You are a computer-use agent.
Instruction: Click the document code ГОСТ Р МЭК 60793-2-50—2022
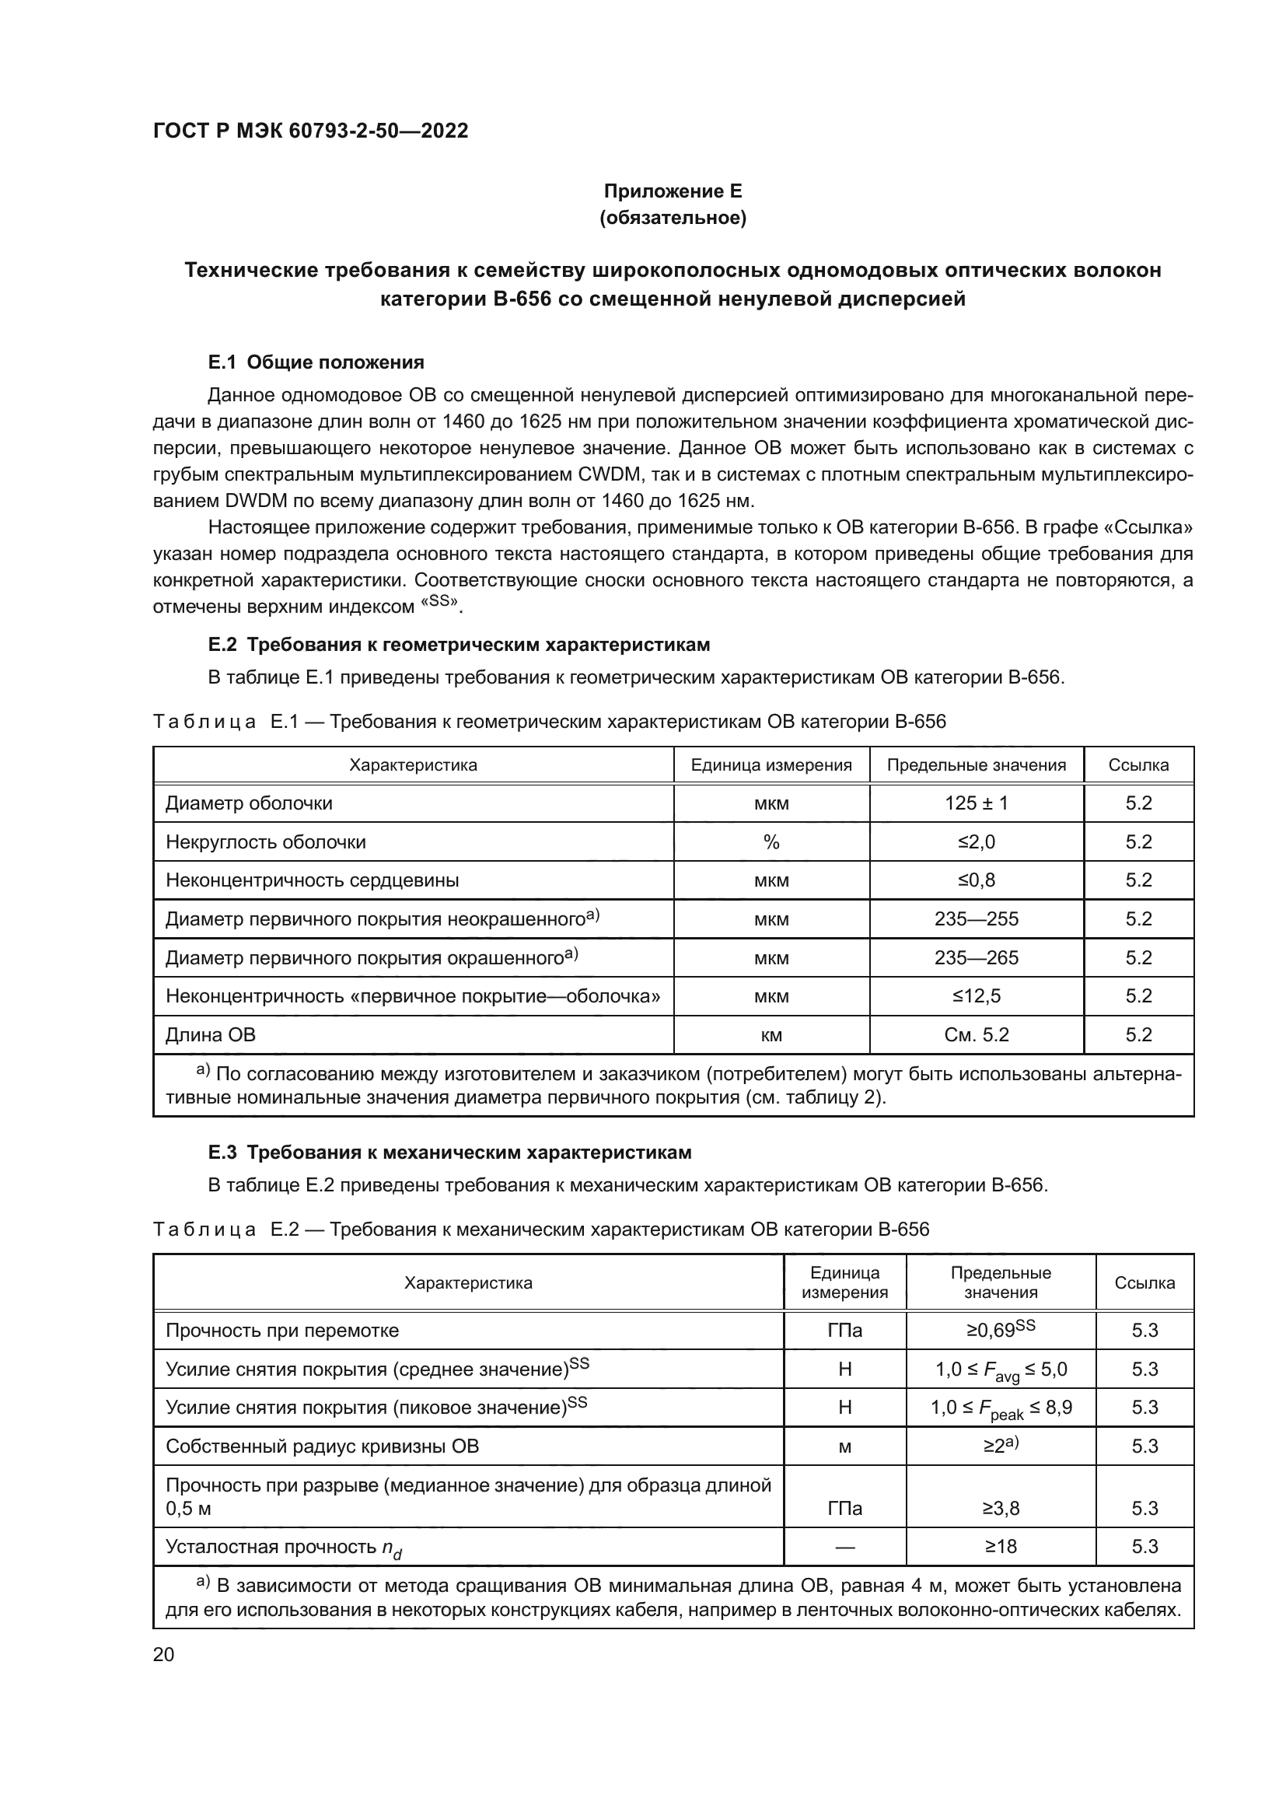tap(310, 131)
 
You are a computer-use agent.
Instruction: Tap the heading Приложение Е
tap(673, 191)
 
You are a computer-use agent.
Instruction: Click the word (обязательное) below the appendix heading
tap(673, 218)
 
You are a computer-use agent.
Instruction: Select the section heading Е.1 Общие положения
tap(316, 362)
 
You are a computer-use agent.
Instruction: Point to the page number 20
tap(163, 1654)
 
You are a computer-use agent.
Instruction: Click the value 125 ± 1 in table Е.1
tap(976, 803)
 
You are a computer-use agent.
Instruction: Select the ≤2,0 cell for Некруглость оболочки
tap(976, 842)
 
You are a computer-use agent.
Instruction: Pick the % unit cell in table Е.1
tap(771, 842)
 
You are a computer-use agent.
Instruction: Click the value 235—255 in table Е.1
tap(976, 919)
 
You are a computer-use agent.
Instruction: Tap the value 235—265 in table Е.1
tap(976, 958)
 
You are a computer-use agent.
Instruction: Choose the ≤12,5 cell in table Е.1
tap(976, 996)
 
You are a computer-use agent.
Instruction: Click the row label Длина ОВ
tap(211, 1034)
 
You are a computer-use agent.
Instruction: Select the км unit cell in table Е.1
tap(771, 1034)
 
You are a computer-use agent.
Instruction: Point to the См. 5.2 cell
tap(976, 1034)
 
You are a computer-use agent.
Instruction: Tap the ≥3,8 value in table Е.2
tap(1001, 1509)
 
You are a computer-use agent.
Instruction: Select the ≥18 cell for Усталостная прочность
tap(1001, 1547)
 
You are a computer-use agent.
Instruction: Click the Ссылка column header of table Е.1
tap(1138, 765)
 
